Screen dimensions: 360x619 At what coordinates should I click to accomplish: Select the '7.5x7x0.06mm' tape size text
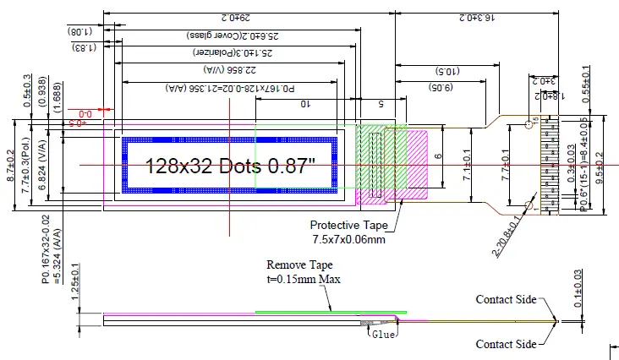[348, 239]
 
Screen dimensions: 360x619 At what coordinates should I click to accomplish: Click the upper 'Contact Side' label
[506, 299]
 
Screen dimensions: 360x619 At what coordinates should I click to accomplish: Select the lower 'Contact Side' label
[506, 344]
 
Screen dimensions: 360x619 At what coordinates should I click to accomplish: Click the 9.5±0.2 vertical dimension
[600, 166]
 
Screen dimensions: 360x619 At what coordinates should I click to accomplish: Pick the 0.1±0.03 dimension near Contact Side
[578, 289]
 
